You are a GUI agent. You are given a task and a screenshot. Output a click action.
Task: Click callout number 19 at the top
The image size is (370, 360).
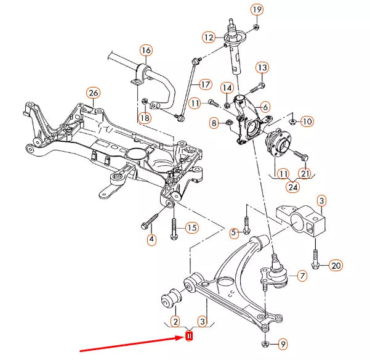pyautogui.click(x=256, y=9)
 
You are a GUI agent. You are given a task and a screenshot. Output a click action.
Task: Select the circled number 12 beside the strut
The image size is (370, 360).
pyautogui.click(x=209, y=37)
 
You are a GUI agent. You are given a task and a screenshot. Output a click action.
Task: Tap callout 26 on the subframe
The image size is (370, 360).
pyautogui.click(x=92, y=93)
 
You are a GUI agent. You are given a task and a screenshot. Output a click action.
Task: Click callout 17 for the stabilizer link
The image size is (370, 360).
pyautogui.click(x=205, y=84)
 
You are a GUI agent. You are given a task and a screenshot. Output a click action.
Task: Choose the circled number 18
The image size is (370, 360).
pyautogui.click(x=144, y=118)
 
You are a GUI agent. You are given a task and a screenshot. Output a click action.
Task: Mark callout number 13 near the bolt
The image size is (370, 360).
pyautogui.click(x=262, y=67)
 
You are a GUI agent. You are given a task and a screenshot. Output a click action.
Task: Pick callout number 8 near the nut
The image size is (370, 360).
pyautogui.click(x=214, y=124)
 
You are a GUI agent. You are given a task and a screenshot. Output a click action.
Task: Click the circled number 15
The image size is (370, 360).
pyautogui.click(x=192, y=228)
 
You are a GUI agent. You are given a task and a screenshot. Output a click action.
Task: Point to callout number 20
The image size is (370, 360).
pyautogui.click(x=335, y=266)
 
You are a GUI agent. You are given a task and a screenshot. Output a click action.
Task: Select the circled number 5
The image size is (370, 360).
pyautogui.click(x=233, y=232)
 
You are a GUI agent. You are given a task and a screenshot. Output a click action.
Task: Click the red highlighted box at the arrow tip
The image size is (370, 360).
pyautogui.click(x=190, y=337)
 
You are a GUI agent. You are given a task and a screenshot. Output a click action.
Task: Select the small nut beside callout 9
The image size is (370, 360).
pyautogui.click(x=265, y=343)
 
